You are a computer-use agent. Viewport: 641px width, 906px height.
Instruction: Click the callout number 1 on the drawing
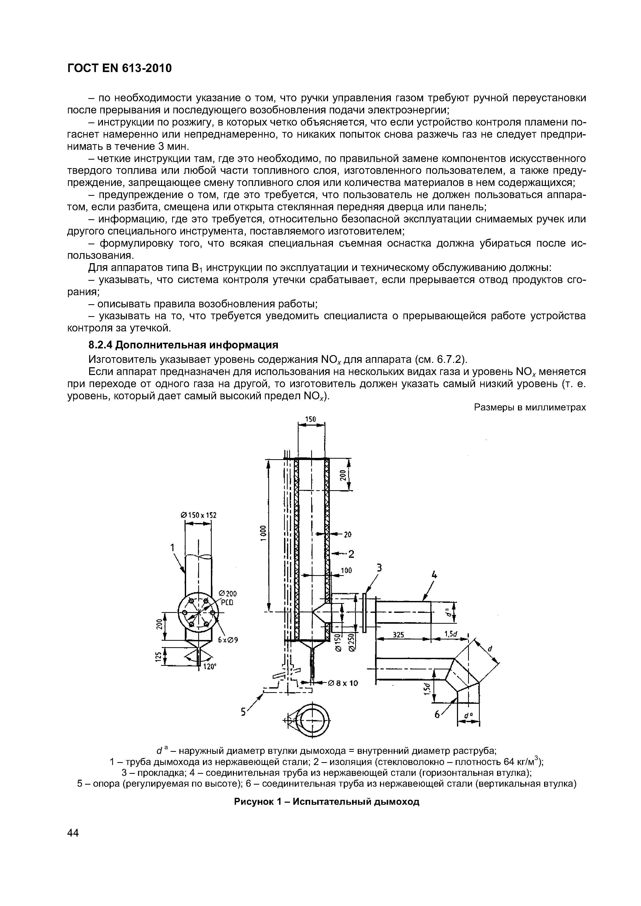click(x=172, y=547)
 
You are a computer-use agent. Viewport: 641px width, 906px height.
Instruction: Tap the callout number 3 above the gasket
click(x=379, y=567)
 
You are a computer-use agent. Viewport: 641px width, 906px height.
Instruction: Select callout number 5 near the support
click(x=244, y=712)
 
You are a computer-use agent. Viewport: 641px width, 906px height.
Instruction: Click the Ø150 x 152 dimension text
click(x=199, y=515)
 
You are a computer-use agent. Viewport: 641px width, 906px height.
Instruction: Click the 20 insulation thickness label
click(x=348, y=535)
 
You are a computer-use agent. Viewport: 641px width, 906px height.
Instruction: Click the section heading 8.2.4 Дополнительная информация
click(x=183, y=345)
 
